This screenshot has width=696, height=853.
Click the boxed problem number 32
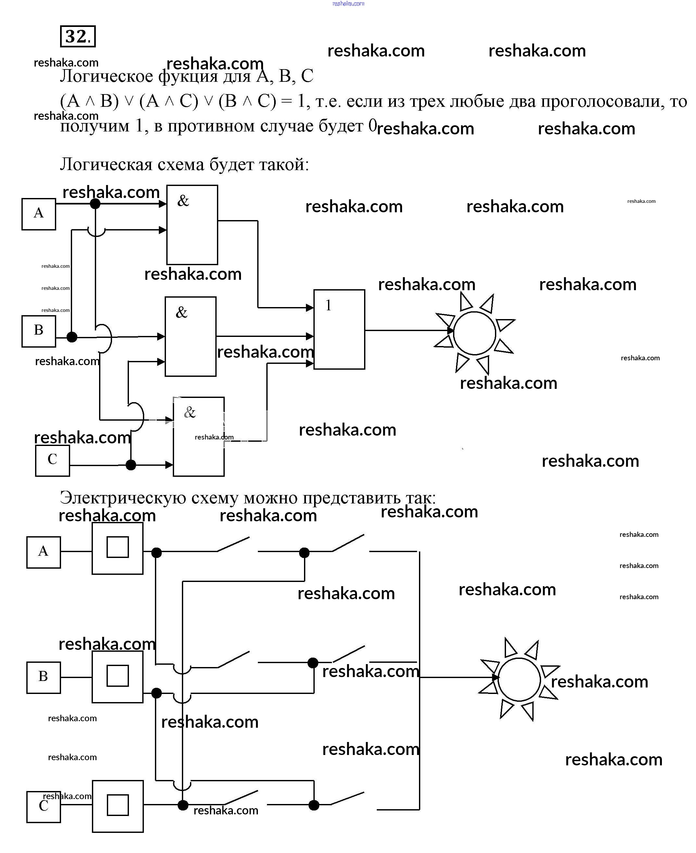coord(77,36)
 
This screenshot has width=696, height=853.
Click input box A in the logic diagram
coord(39,214)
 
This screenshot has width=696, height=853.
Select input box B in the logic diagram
coord(39,331)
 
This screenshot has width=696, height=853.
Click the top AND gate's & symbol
coord(183,201)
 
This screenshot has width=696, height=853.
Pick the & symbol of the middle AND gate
coord(182,313)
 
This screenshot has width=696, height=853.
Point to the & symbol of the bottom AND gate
coord(190,412)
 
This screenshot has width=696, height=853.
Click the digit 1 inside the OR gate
coord(328,306)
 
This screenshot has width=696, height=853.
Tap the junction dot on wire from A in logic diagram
coord(95,204)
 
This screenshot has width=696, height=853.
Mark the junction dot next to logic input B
coord(72,337)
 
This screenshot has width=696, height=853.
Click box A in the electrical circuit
coord(43,552)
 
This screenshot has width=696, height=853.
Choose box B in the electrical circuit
coord(43,677)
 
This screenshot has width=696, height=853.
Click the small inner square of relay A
coord(118,547)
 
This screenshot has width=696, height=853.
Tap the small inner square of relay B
coord(118,675)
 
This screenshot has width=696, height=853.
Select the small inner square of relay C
coord(118,805)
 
